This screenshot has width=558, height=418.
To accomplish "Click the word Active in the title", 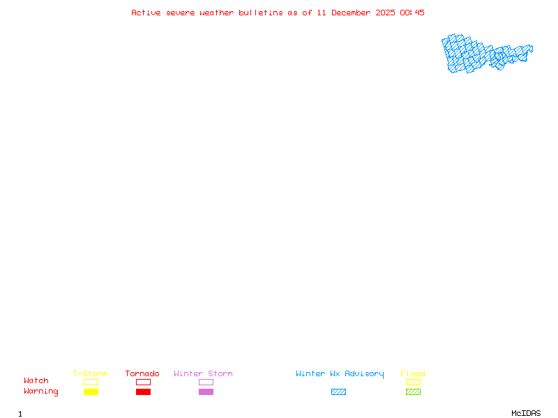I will [146, 13].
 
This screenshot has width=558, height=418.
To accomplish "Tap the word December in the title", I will [355, 13].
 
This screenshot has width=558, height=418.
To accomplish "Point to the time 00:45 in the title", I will [412, 13].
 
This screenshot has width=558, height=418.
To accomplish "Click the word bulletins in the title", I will [261, 13].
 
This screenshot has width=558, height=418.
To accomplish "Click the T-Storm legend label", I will [90, 374].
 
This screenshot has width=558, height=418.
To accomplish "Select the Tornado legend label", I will [142, 374].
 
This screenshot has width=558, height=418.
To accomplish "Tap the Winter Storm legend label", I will [203, 374].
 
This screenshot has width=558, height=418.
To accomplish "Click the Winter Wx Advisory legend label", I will [340, 374].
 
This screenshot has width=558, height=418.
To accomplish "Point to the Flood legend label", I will [413, 374].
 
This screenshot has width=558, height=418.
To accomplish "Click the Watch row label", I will [36, 381].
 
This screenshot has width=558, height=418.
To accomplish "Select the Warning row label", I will [41, 392].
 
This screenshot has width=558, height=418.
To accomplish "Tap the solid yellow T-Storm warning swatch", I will [91, 392].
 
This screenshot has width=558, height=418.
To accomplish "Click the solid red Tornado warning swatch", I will [143, 392].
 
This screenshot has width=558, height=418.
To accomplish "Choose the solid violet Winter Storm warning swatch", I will [206, 392].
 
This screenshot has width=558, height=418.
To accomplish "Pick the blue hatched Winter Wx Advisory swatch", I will [338, 392].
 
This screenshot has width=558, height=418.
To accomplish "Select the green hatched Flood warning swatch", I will [413, 392].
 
